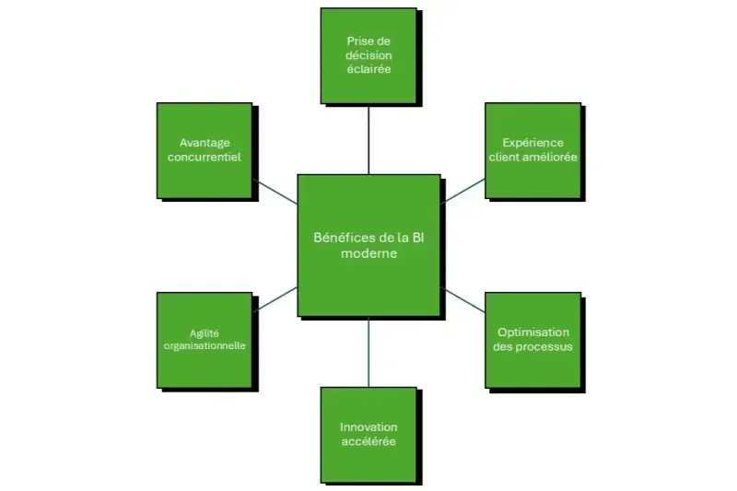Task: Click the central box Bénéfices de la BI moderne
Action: click(368, 245)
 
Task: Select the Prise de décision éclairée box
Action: click(368, 55)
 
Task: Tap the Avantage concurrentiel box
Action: click(205, 150)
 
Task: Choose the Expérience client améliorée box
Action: click(532, 150)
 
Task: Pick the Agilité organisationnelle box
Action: click(205, 340)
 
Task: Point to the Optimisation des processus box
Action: click(532, 340)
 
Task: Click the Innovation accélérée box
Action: click(368, 435)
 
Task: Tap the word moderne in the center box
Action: click(368, 254)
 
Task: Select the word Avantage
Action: click(205, 143)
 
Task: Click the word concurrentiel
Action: click(205, 158)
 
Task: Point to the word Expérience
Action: click(532, 143)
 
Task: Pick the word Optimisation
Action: click(533, 333)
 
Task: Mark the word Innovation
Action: click(368, 427)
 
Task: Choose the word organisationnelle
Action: click(205, 347)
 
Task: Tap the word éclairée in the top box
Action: click(368, 69)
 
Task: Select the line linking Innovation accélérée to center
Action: click(368, 352)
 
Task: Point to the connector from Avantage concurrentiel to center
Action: click(275, 190)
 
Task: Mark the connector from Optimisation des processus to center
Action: click(463, 299)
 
